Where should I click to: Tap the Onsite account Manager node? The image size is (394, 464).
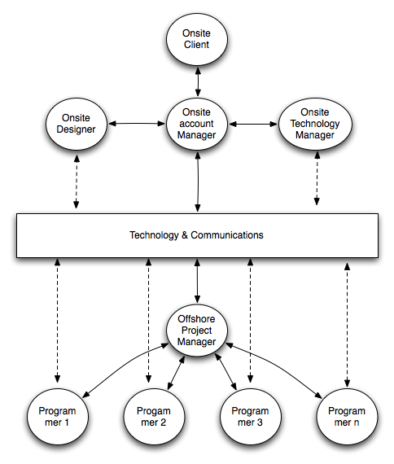pos(196,124)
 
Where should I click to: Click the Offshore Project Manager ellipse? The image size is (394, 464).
pos(196,330)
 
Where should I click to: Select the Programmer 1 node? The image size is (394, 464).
pos(57,417)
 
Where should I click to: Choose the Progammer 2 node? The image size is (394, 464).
pos(154,417)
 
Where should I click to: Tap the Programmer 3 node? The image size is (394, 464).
pos(250,417)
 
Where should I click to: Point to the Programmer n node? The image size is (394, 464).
pos(347,417)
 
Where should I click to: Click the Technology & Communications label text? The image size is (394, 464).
pos(196,235)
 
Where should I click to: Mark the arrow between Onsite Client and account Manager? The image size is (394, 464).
pos(196,81)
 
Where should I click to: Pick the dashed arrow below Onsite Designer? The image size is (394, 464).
pos(76,181)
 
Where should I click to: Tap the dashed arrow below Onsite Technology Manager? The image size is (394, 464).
pos(316,181)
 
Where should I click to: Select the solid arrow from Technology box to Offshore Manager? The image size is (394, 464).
pos(196,281)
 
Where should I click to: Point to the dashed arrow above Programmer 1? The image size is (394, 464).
pos(57,322)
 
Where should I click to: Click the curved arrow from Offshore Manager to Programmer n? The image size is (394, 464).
pos(281,366)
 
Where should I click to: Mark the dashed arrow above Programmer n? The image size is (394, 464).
pos(348,322)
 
